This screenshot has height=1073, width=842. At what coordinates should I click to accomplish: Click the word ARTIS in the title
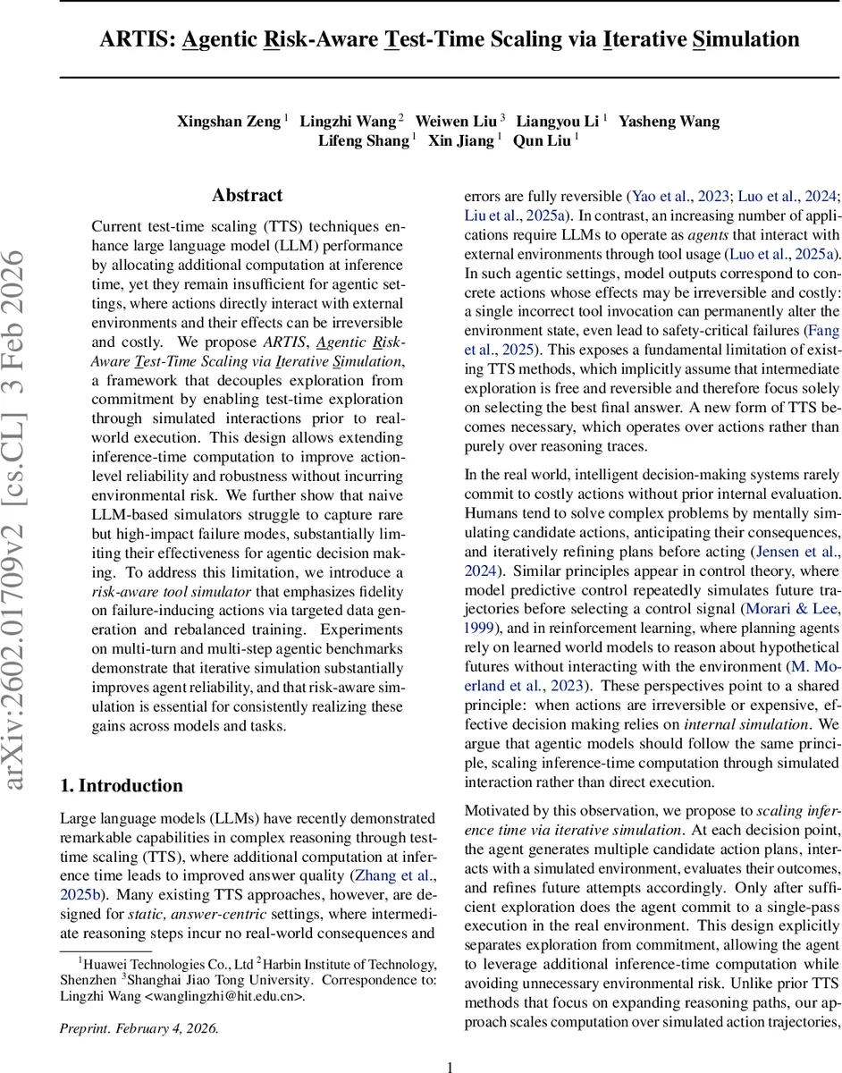(x=144, y=39)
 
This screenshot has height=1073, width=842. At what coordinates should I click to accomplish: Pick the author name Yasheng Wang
(x=669, y=121)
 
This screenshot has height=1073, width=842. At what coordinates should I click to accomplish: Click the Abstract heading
(x=247, y=195)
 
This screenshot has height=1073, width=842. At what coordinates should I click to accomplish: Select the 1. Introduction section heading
(x=121, y=786)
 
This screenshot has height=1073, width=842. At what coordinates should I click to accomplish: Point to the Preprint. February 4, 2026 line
(x=139, y=1028)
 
